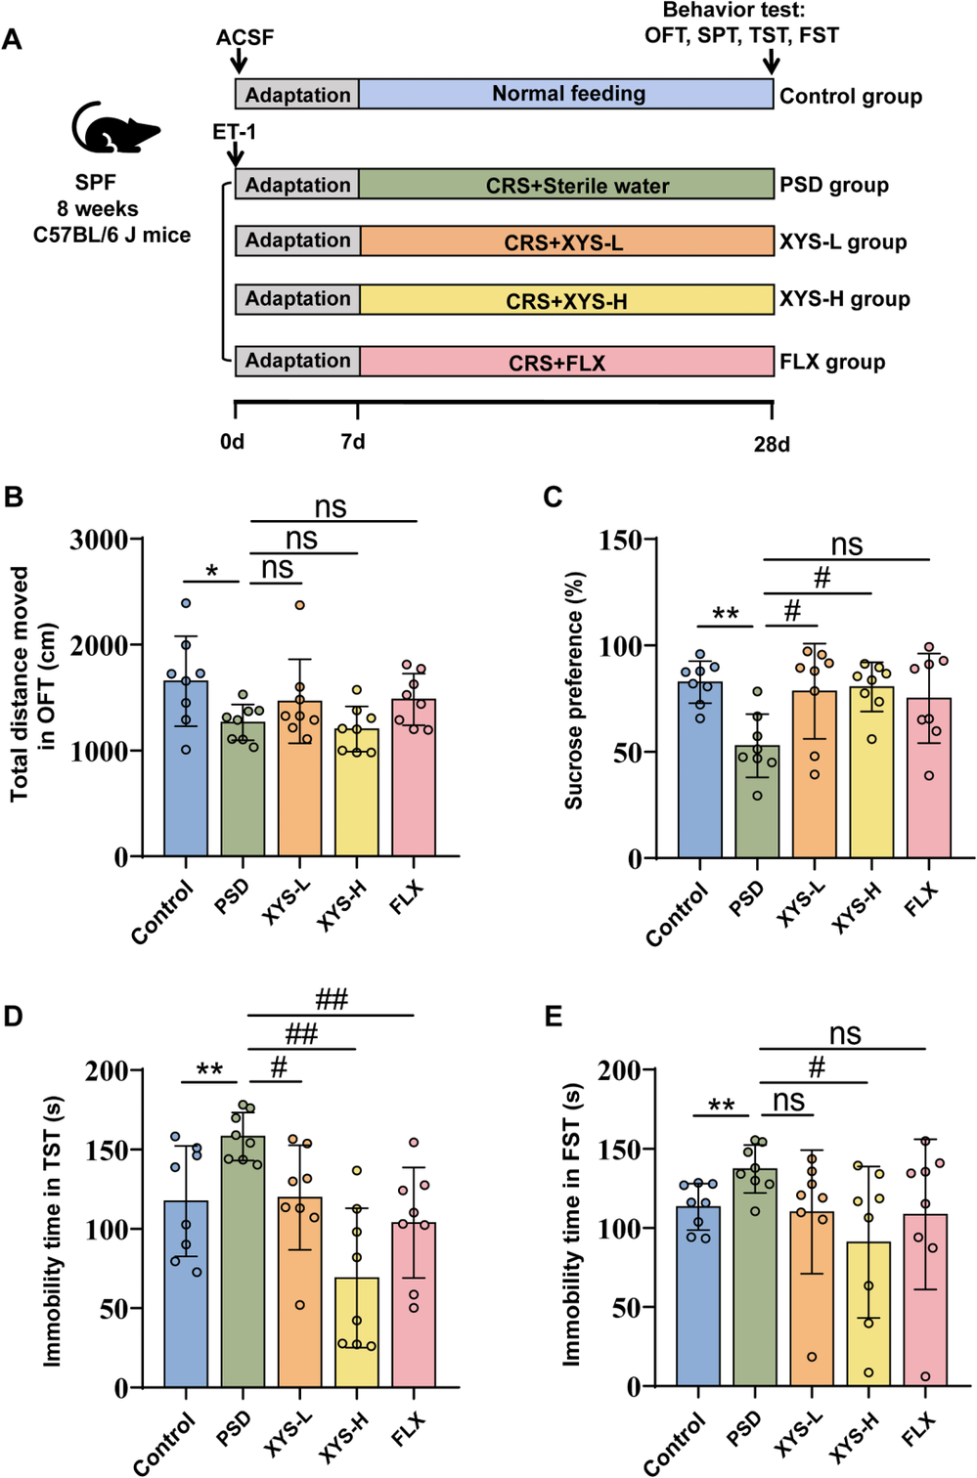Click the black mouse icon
point(113,128)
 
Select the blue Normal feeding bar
point(567,94)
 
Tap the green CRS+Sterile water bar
point(567,185)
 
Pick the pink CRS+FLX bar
point(567,362)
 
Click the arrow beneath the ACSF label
point(239,62)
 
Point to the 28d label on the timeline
point(772,444)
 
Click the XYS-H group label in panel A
point(844,299)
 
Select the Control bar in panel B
point(186,772)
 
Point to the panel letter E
point(554,1017)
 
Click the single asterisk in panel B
point(211,572)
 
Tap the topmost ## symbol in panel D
point(332,999)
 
